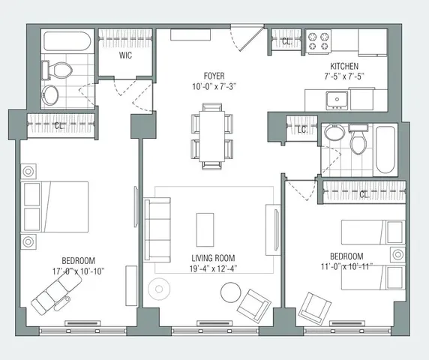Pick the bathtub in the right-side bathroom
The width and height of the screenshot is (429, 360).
386,149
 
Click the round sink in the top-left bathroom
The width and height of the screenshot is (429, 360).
52,94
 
